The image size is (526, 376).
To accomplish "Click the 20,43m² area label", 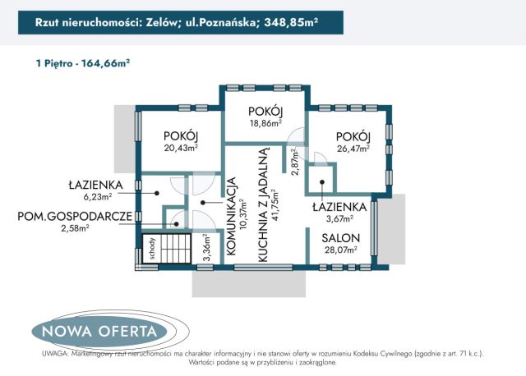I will [182, 149].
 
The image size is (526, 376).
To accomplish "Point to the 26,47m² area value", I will [353, 149].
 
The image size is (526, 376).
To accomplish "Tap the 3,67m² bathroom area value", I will [337, 219].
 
